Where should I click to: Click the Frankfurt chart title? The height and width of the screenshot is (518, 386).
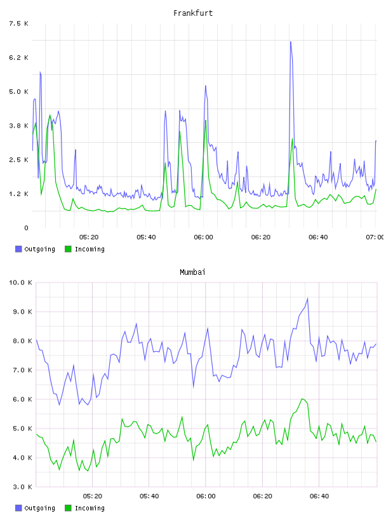click(x=193, y=13)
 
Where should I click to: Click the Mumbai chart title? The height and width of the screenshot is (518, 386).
click(x=192, y=272)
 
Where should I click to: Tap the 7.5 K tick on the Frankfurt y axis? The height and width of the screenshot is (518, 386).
click(x=19, y=23)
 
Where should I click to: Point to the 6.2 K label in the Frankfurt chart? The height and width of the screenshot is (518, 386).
click(x=19, y=58)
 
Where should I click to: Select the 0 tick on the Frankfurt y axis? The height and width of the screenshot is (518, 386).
click(x=26, y=228)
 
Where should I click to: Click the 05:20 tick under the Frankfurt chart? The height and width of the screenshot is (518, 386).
click(x=89, y=237)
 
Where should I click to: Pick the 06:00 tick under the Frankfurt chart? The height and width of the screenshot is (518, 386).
click(x=204, y=237)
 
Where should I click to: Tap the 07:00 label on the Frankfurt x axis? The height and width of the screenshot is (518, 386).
click(x=375, y=237)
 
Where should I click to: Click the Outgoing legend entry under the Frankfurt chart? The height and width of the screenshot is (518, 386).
click(x=35, y=249)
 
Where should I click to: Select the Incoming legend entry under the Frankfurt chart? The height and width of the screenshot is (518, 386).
click(x=84, y=249)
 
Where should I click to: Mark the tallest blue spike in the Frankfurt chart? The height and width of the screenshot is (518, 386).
click(x=291, y=42)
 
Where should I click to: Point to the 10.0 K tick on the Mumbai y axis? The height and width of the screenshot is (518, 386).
click(x=20, y=282)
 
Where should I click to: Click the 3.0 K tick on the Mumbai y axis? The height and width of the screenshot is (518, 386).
click(x=22, y=487)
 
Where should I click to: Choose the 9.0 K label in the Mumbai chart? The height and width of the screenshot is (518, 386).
click(x=22, y=312)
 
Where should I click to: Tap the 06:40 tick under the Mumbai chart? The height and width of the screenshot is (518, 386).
click(x=319, y=496)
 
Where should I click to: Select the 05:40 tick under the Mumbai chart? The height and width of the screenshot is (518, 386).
click(x=149, y=496)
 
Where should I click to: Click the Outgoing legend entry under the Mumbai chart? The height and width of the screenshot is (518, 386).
click(x=35, y=508)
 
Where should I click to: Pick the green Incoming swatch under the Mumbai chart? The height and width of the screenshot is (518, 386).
click(x=68, y=508)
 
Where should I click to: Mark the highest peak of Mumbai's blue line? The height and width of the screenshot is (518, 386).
click(x=308, y=298)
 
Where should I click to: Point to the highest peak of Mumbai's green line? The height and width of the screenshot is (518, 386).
click(x=302, y=399)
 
